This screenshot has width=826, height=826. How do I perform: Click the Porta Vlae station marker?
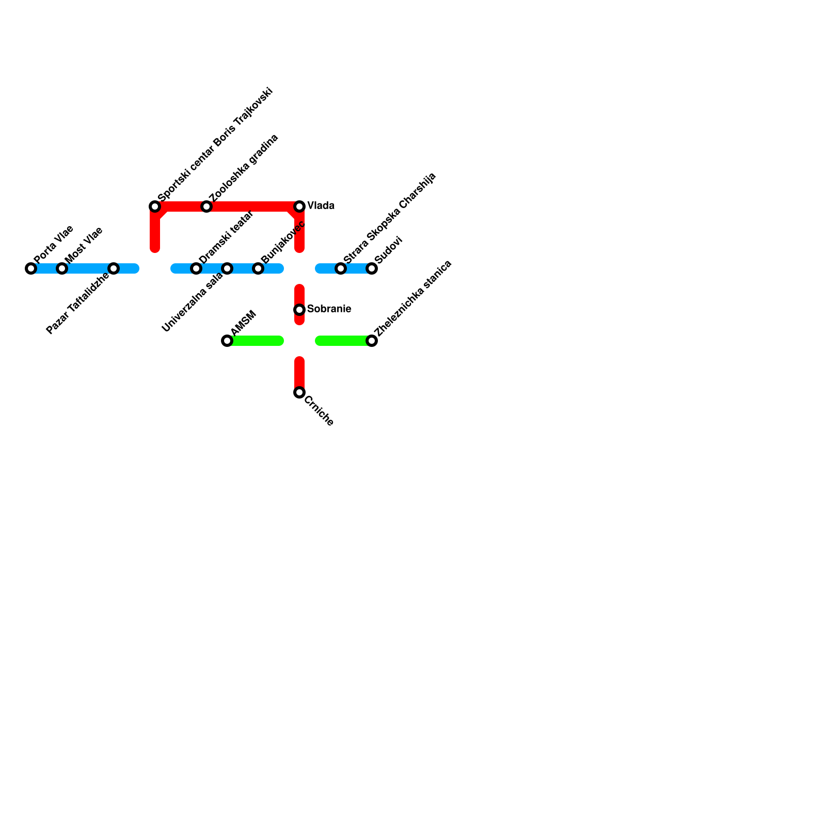coord(31,268)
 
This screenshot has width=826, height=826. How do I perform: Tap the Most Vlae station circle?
coord(62,268)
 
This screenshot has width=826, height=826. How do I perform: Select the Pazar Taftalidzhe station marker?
coord(114,268)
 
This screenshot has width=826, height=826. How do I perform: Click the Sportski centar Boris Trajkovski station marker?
coord(155,206)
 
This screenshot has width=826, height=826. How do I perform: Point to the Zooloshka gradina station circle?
coord(206,206)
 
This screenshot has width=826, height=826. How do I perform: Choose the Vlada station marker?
coord(299,206)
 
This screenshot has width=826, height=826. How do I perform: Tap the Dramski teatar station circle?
coord(196,268)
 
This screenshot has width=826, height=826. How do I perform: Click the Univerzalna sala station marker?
coord(227,268)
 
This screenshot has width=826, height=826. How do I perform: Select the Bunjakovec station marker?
coord(258,268)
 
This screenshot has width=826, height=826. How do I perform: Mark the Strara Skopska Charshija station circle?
coord(341,268)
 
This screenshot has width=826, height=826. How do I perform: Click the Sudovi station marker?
coord(372,268)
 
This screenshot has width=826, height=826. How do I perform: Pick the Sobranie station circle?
coord(299,310)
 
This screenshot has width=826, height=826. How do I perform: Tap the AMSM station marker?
coord(227,341)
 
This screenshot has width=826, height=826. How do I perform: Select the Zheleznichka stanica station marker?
coord(372,341)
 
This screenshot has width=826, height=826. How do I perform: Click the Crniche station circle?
coord(299,392)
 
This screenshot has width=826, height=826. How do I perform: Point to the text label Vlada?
coord(321,206)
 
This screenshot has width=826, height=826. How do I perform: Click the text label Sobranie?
coord(329,309)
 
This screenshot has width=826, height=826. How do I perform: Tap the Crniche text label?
coord(319,411)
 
